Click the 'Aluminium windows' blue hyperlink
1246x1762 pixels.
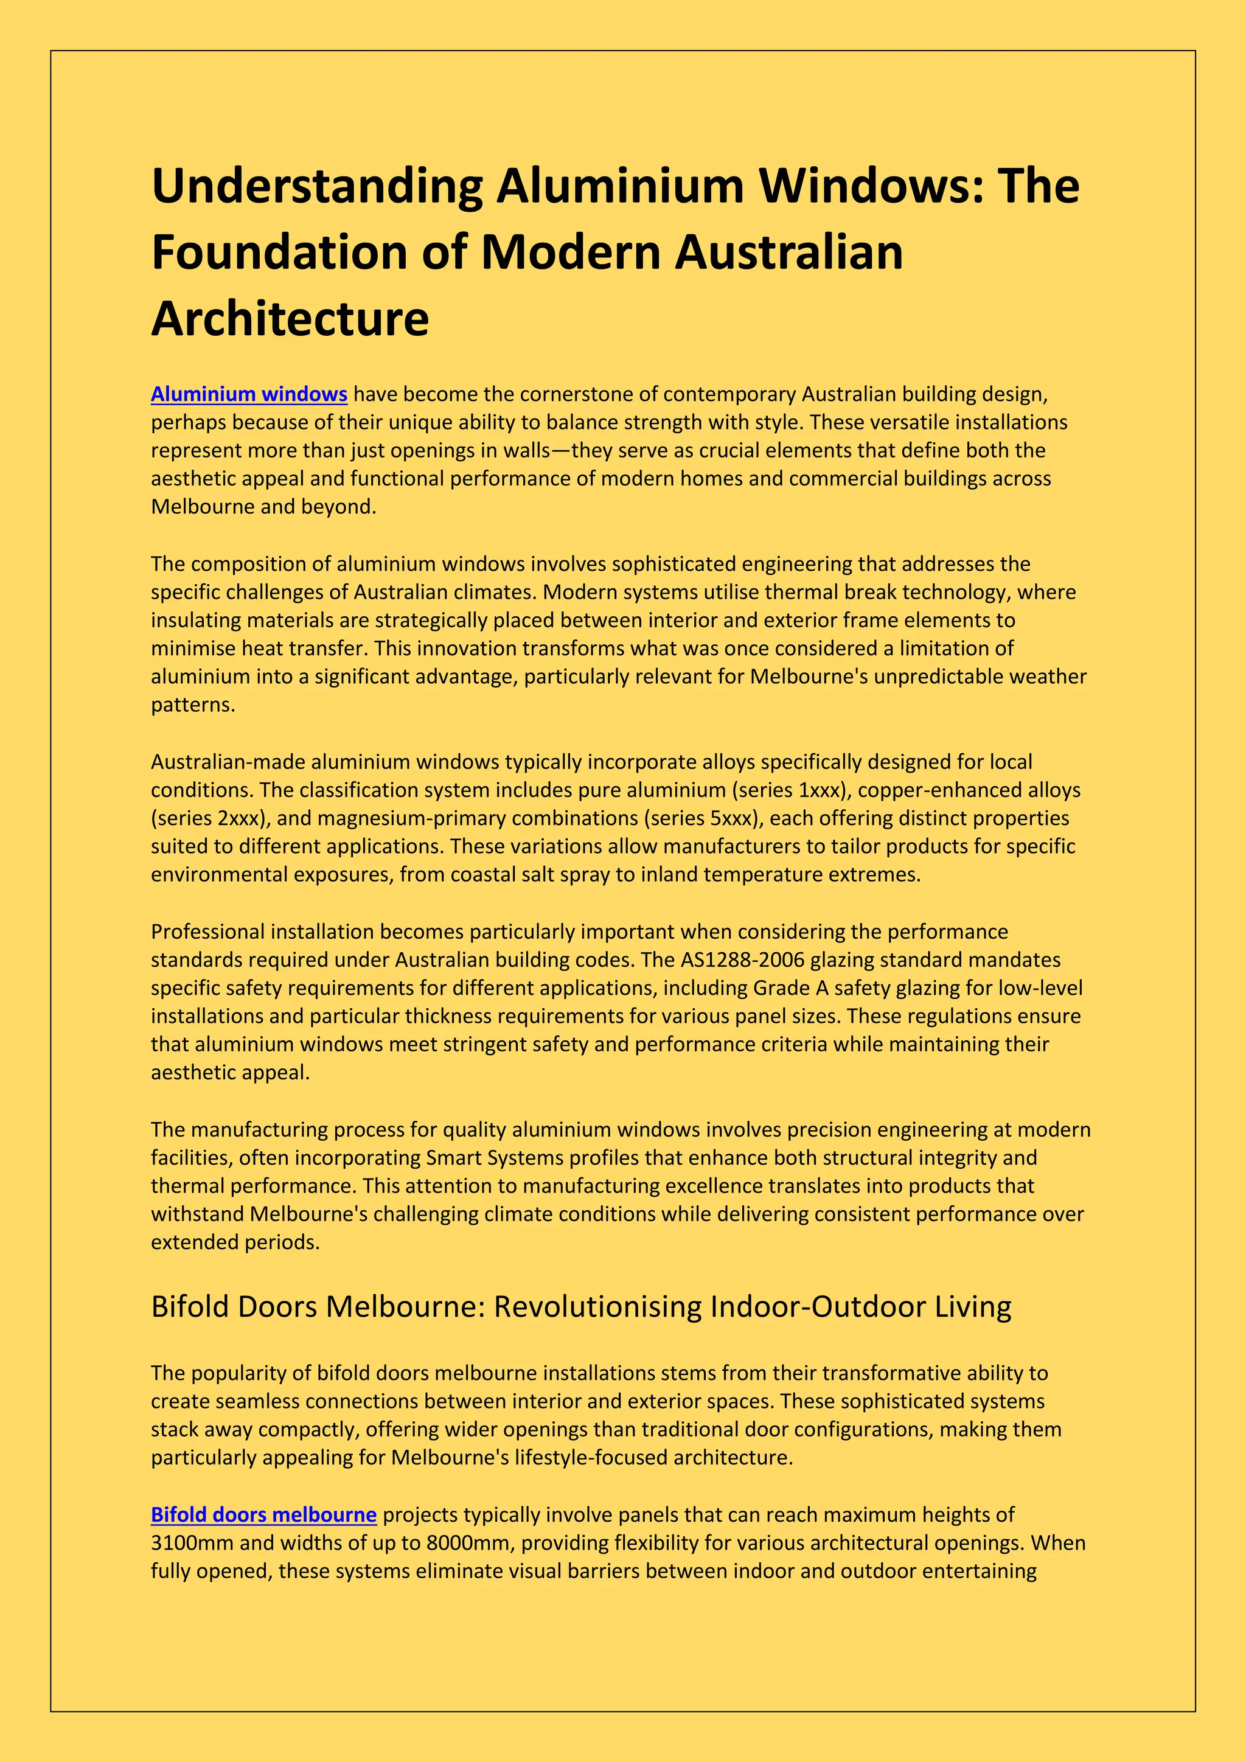(249, 394)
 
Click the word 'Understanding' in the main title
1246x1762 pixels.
(317, 187)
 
